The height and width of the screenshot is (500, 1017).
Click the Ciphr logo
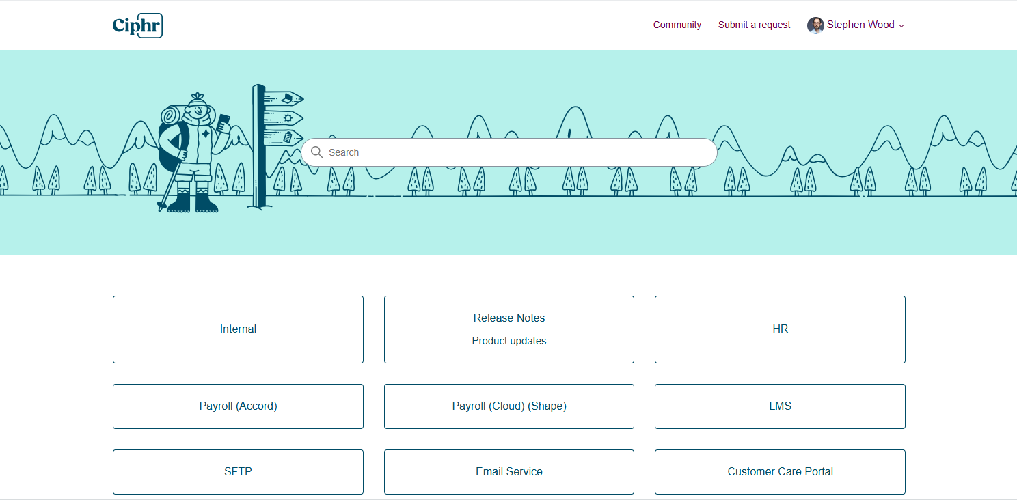(x=137, y=25)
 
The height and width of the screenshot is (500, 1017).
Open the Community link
(x=677, y=25)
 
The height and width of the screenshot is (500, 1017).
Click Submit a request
(x=754, y=25)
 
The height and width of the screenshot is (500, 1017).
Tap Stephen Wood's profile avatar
(x=815, y=25)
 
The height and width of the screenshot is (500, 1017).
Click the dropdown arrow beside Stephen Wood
(x=901, y=26)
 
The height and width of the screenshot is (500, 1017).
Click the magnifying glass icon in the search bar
(x=317, y=152)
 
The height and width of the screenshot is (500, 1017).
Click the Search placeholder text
(x=344, y=152)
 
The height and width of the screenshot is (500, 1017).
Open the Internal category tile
(x=238, y=329)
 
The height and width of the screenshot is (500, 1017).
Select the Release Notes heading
(x=509, y=318)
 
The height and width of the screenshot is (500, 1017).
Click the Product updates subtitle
(x=509, y=341)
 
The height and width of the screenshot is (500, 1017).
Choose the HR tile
(x=780, y=329)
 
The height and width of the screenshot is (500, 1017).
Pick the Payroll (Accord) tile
(x=238, y=406)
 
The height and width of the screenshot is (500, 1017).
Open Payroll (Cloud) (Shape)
(x=509, y=406)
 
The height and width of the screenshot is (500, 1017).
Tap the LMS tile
(x=780, y=406)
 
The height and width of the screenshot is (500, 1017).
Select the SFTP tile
(x=238, y=472)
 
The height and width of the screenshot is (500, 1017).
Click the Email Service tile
(x=509, y=472)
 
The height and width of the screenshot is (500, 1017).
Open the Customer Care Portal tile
(x=780, y=472)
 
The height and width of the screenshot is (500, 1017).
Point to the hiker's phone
(x=223, y=122)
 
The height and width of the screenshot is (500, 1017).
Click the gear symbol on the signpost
(x=288, y=118)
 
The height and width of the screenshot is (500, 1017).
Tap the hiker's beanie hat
(x=198, y=99)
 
